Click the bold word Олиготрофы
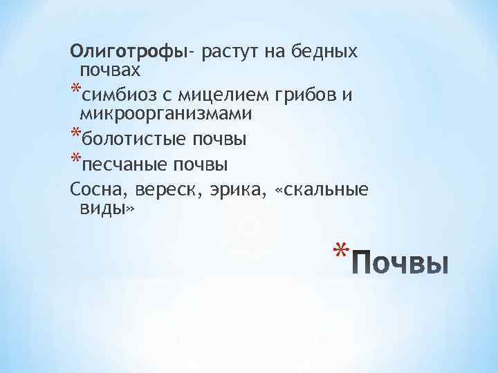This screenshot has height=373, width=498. [x=128, y=52]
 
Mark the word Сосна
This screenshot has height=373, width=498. [x=94, y=189]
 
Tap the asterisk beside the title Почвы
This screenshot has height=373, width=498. [x=337, y=251]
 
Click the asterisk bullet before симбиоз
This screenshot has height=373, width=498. [x=75, y=92]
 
